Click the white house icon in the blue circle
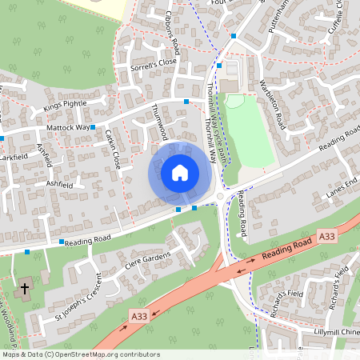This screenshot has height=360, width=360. click(180, 172)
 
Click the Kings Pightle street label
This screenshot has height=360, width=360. click(63, 106)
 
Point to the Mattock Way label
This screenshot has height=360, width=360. click(66, 127)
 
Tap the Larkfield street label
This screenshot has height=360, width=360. click(14, 158)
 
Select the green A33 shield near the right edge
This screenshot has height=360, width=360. click(326, 237)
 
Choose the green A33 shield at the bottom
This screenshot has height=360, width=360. click(138, 318)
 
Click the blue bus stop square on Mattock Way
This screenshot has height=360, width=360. click(93, 127)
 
